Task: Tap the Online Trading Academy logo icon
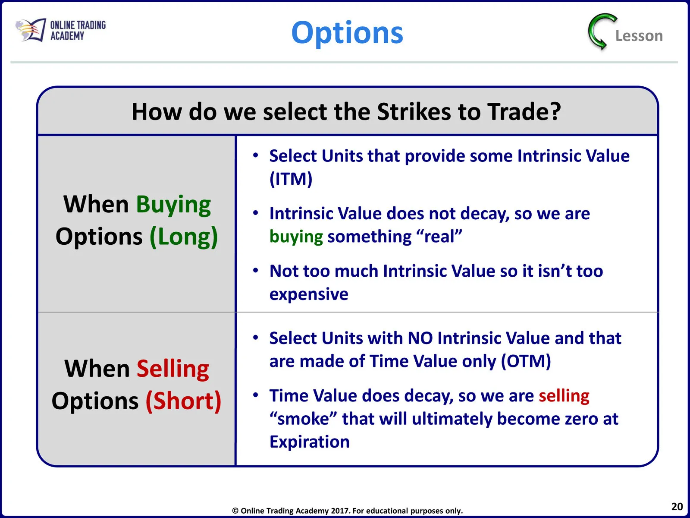point(31,30)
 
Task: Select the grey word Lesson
point(639,35)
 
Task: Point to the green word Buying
point(173,205)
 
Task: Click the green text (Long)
point(184,237)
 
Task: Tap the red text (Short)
point(184,401)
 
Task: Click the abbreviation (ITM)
point(291,179)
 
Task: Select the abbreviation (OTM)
point(526,361)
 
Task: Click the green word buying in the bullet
point(296,237)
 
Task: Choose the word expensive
point(309,294)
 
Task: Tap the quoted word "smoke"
point(303,419)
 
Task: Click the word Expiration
point(309,442)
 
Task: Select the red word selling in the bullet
point(564,396)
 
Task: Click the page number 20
point(677,506)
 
